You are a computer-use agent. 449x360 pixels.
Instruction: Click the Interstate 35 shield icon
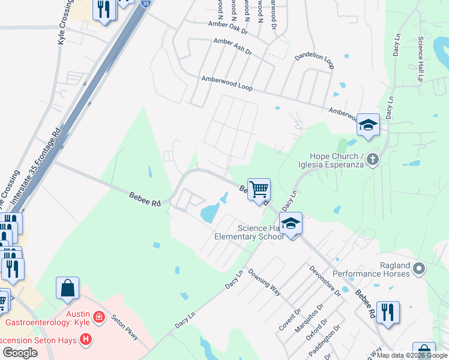tap(146, 3)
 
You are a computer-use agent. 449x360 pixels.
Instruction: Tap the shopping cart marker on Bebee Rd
tap(259, 190)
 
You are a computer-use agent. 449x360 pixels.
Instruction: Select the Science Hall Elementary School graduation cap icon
tap(291, 224)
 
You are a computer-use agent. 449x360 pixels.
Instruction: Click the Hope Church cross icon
tap(373, 159)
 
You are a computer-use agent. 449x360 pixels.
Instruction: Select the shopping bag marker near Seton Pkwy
tap(67, 288)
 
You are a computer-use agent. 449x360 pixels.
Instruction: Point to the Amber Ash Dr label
tap(233, 47)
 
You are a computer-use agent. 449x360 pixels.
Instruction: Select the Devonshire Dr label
tap(325, 281)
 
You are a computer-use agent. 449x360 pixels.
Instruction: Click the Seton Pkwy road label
tap(126, 327)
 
